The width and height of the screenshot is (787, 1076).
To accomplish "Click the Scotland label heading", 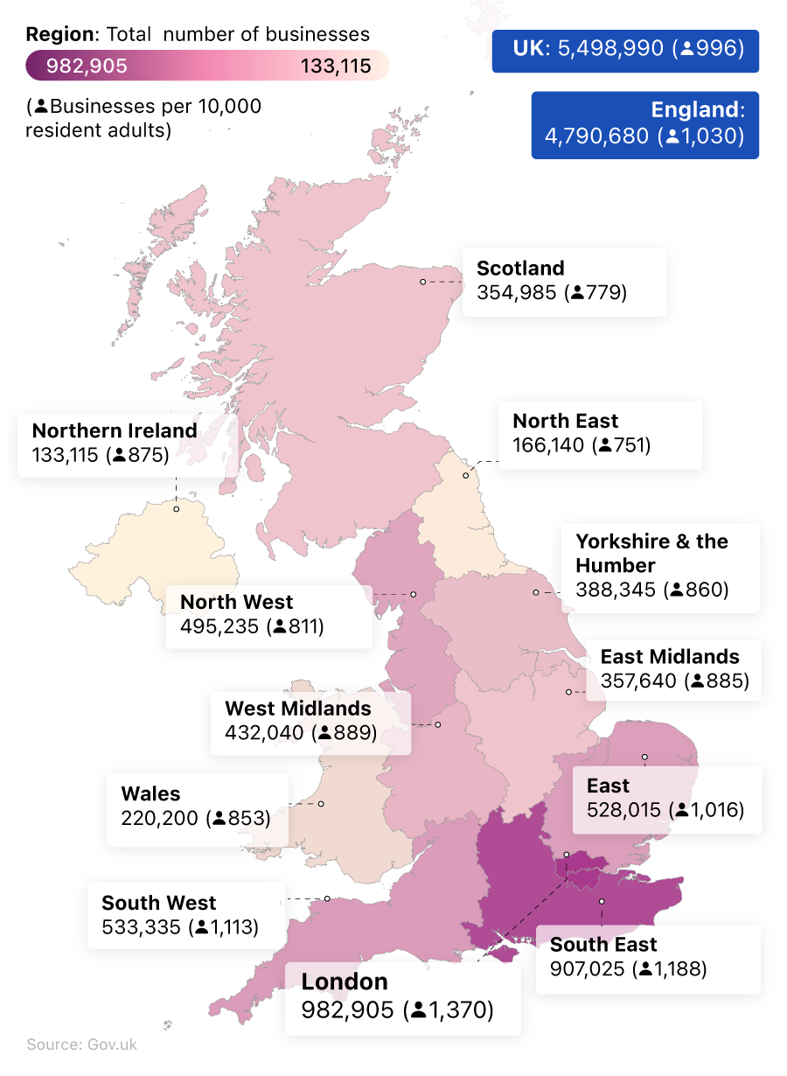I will [x=520, y=269].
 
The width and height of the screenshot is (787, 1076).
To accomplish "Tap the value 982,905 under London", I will [x=348, y=1010].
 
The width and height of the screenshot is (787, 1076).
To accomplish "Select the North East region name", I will [x=565, y=421].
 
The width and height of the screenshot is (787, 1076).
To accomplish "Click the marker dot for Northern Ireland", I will [x=176, y=508].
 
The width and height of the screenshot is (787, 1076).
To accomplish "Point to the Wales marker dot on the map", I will [x=321, y=803].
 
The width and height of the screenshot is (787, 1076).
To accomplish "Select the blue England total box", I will [x=645, y=124].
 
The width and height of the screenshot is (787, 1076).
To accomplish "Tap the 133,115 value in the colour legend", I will [x=336, y=66].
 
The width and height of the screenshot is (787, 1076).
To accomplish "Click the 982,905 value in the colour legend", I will [x=87, y=66].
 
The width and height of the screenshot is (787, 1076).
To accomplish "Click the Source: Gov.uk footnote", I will [x=81, y=1045].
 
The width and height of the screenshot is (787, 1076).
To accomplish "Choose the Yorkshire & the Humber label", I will [x=651, y=553].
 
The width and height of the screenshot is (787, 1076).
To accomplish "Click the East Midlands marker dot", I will [x=568, y=691].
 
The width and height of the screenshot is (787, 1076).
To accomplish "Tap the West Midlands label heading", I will [x=298, y=709].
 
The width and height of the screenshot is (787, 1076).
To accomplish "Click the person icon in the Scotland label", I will [x=577, y=292].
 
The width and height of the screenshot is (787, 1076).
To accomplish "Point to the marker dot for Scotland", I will [x=422, y=282].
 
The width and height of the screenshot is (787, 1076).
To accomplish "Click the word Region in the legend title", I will [x=59, y=35].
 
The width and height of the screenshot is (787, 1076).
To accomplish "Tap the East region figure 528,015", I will [x=623, y=809].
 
